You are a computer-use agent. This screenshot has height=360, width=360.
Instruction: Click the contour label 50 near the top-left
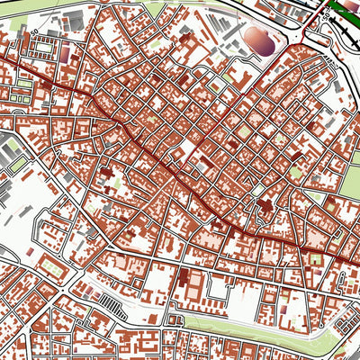pyautogui.click(x=35, y=32)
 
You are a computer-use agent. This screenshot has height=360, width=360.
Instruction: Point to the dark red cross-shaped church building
pyautogui.click(x=266, y=208)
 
